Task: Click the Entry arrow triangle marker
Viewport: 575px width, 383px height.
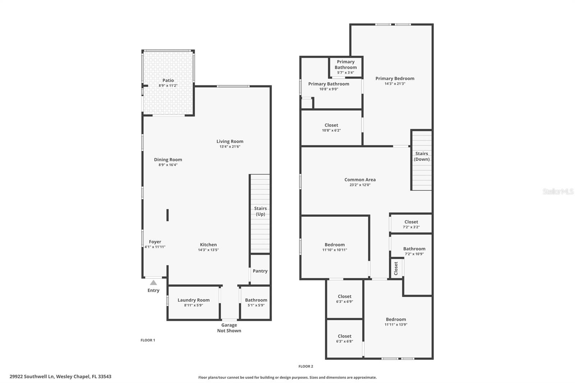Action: pos(153,282)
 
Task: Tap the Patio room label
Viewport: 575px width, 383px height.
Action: pos(168,80)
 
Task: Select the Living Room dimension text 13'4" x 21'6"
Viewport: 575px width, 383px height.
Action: pos(230,147)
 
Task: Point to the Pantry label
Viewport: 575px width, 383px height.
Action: pos(260,271)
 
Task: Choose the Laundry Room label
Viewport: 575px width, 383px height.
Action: pos(193,300)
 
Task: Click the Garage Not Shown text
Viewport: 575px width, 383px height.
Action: pos(229,328)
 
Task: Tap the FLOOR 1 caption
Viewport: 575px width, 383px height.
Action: pos(148,340)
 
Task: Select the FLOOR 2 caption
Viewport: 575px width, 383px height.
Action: pos(306,366)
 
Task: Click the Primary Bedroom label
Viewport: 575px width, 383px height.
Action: pos(395,78)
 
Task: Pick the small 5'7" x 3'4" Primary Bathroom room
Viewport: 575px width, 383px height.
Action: pos(346,67)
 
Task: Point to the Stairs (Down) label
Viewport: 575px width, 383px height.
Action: pos(422,156)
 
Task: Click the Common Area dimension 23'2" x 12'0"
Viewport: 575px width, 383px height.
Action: pos(360,185)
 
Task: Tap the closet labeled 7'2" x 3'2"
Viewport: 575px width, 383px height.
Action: pos(411,224)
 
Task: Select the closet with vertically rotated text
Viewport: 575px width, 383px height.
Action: pos(396,268)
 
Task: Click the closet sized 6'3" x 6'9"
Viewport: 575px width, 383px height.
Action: pos(345,299)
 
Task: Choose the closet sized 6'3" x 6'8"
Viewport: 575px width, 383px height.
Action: pos(345,338)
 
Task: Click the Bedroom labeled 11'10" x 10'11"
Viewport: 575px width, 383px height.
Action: pos(335,247)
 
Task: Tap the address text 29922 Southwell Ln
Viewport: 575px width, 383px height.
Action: pos(60,377)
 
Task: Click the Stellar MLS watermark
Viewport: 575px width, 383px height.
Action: pos(558,191)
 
